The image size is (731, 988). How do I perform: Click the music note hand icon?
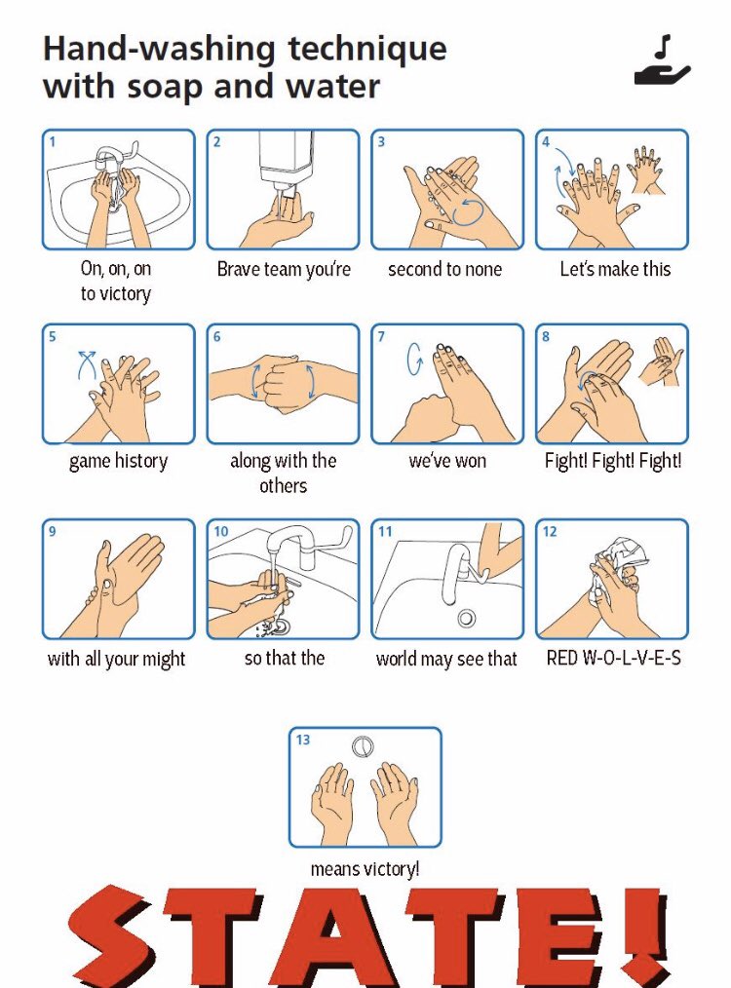[x=662, y=59]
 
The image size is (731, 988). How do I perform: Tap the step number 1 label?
[x=53, y=141]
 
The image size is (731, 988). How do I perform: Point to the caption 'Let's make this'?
[x=614, y=269]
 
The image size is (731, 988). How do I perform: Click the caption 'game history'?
[x=118, y=461]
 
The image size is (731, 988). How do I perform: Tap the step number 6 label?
[x=217, y=336]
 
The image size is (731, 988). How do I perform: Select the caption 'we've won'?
[x=447, y=461]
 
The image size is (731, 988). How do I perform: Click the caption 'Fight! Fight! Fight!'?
[x=612, y=461]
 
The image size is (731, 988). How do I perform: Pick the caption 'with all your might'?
[x=117, y=659]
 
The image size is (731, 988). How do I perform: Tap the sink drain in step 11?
[x=467, y=617]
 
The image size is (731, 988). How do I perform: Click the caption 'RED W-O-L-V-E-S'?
[x=613, y=659]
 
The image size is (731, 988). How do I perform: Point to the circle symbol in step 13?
[x=364, y=745]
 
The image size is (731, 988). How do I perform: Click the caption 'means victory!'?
[x=365, y=868]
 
